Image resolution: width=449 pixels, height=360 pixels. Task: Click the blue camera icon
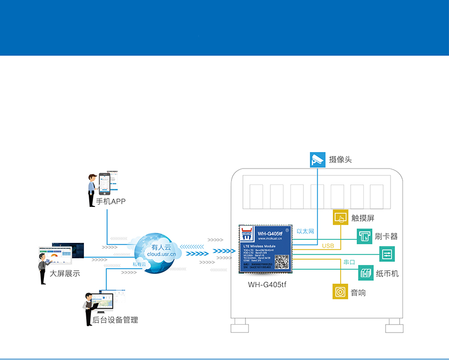pos(317,160)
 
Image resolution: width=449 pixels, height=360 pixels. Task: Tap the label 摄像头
pos(341,160)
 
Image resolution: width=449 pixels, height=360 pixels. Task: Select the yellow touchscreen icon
pos(341,217)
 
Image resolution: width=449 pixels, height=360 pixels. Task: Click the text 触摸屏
pos(363,218)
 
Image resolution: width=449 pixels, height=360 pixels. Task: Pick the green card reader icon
pos(365,236)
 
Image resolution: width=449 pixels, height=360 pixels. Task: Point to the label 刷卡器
pos(387,236)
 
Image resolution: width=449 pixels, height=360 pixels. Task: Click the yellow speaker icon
pos(340,292)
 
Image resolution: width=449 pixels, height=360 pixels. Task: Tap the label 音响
pos(358,293)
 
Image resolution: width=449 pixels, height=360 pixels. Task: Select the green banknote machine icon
pos(366,273)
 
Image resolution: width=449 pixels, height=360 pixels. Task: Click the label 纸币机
pos(387,274)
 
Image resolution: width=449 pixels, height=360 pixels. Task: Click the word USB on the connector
pos(328,246)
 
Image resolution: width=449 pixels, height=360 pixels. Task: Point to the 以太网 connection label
pos(305,231)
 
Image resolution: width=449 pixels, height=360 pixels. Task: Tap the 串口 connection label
pos(349,262)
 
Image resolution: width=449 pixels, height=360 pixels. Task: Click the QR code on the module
pos(282,262)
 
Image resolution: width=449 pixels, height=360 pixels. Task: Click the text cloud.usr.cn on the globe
pos(161,254)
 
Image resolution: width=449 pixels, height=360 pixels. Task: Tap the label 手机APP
pos(111,202)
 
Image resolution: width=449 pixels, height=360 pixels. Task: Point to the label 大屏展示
pos(65,273)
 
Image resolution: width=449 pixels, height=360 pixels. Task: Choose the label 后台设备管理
pos(115,320)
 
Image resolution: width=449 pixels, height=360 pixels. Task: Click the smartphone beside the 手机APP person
pos(104,183)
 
